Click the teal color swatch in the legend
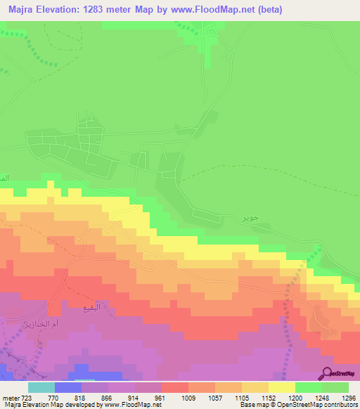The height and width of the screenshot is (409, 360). coord(41,387)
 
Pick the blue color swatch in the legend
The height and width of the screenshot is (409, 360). coord(67,387)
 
